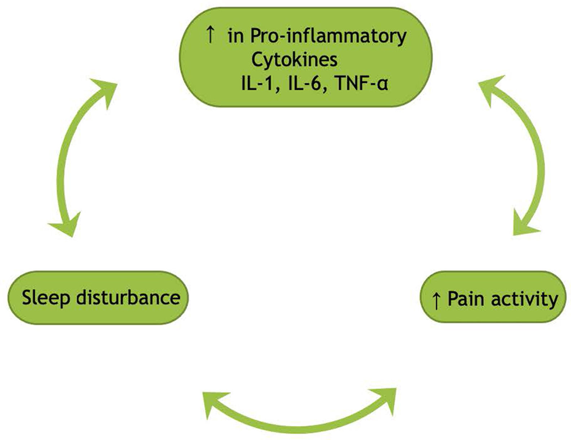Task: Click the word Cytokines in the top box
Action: (x=294, y=60)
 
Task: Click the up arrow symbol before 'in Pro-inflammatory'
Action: (x=210, y=35)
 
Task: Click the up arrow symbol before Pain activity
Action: (x=436, y=301)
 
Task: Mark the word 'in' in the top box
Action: (x=236, y=37)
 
